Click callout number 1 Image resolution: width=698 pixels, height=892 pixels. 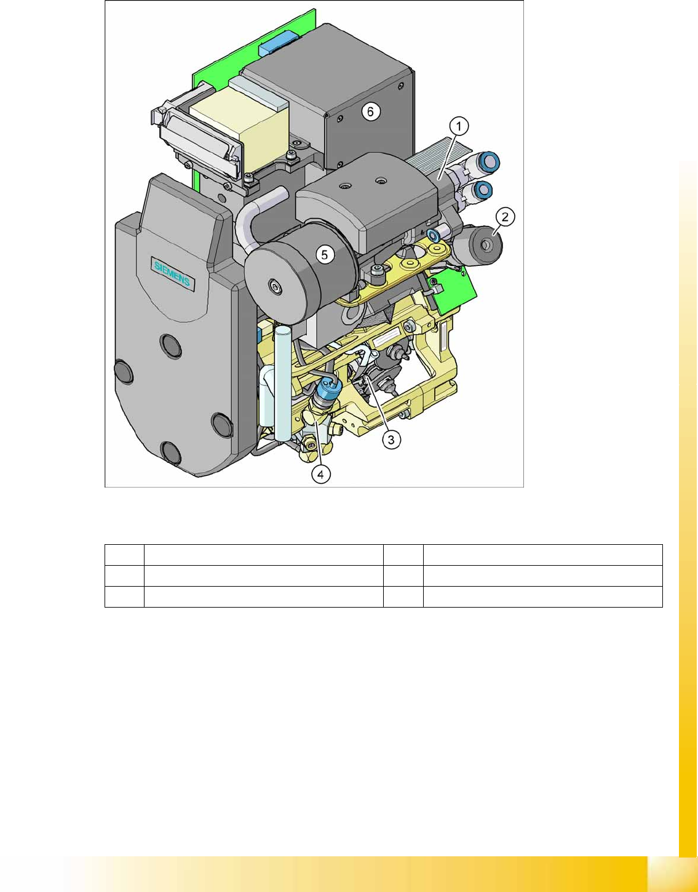[459, 126]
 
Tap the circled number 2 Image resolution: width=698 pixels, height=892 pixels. [505, 217]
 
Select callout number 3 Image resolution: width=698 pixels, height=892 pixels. [391, 440]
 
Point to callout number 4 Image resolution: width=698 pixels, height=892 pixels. [320, 475]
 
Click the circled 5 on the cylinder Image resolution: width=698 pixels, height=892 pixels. [324, 255]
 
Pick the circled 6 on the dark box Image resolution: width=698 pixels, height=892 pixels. [371, 111]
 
